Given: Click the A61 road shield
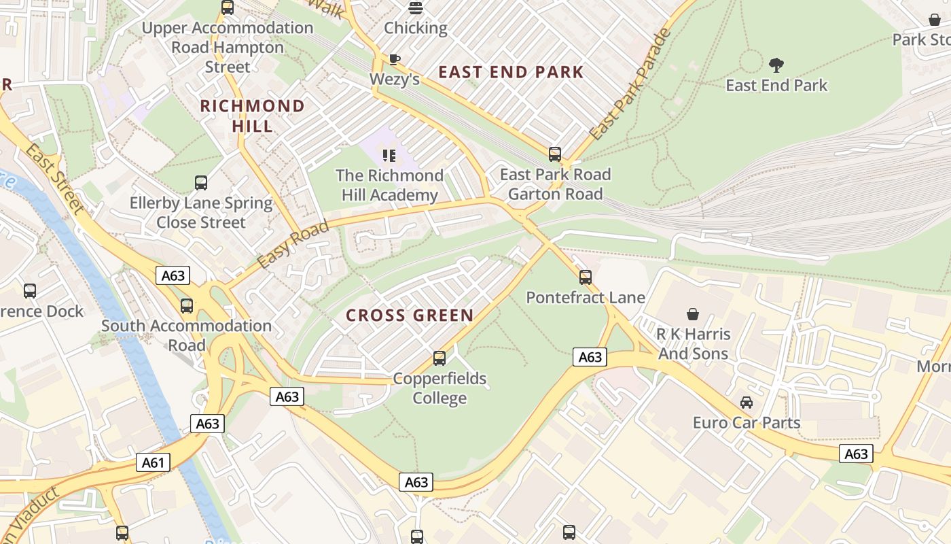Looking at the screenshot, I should point(153,463).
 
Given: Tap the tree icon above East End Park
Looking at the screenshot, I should point(776,65).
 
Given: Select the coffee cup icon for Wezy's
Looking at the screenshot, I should point(395,59).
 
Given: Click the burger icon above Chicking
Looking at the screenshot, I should point(416,8).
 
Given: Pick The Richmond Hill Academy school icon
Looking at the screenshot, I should point(389,156).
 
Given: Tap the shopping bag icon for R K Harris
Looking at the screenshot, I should point(693,314).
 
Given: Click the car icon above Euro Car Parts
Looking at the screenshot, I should point(747,403).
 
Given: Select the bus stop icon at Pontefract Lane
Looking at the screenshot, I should point(586,277).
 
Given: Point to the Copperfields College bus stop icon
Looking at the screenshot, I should point(439,358).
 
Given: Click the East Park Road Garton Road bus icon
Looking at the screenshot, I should point(555,154).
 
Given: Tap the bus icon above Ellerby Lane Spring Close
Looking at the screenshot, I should point(201,183).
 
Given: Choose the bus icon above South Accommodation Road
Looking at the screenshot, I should point(187,306).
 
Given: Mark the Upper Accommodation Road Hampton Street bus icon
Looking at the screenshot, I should point(228,8).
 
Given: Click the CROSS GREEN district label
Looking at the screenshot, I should point(410,316).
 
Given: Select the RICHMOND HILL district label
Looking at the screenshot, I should point(252,116).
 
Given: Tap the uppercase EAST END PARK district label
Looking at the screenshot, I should point(511,72).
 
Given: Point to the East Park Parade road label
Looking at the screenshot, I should point(630,85).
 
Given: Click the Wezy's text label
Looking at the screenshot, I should point(395,80).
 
